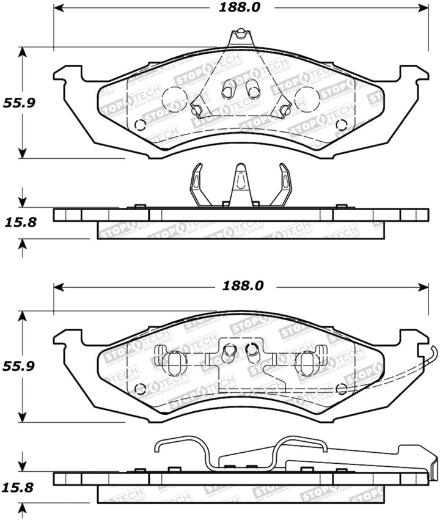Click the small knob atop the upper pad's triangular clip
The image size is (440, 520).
pos(241,32)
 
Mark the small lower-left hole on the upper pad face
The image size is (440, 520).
pos(139,125)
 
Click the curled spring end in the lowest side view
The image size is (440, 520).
pos(160,446)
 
